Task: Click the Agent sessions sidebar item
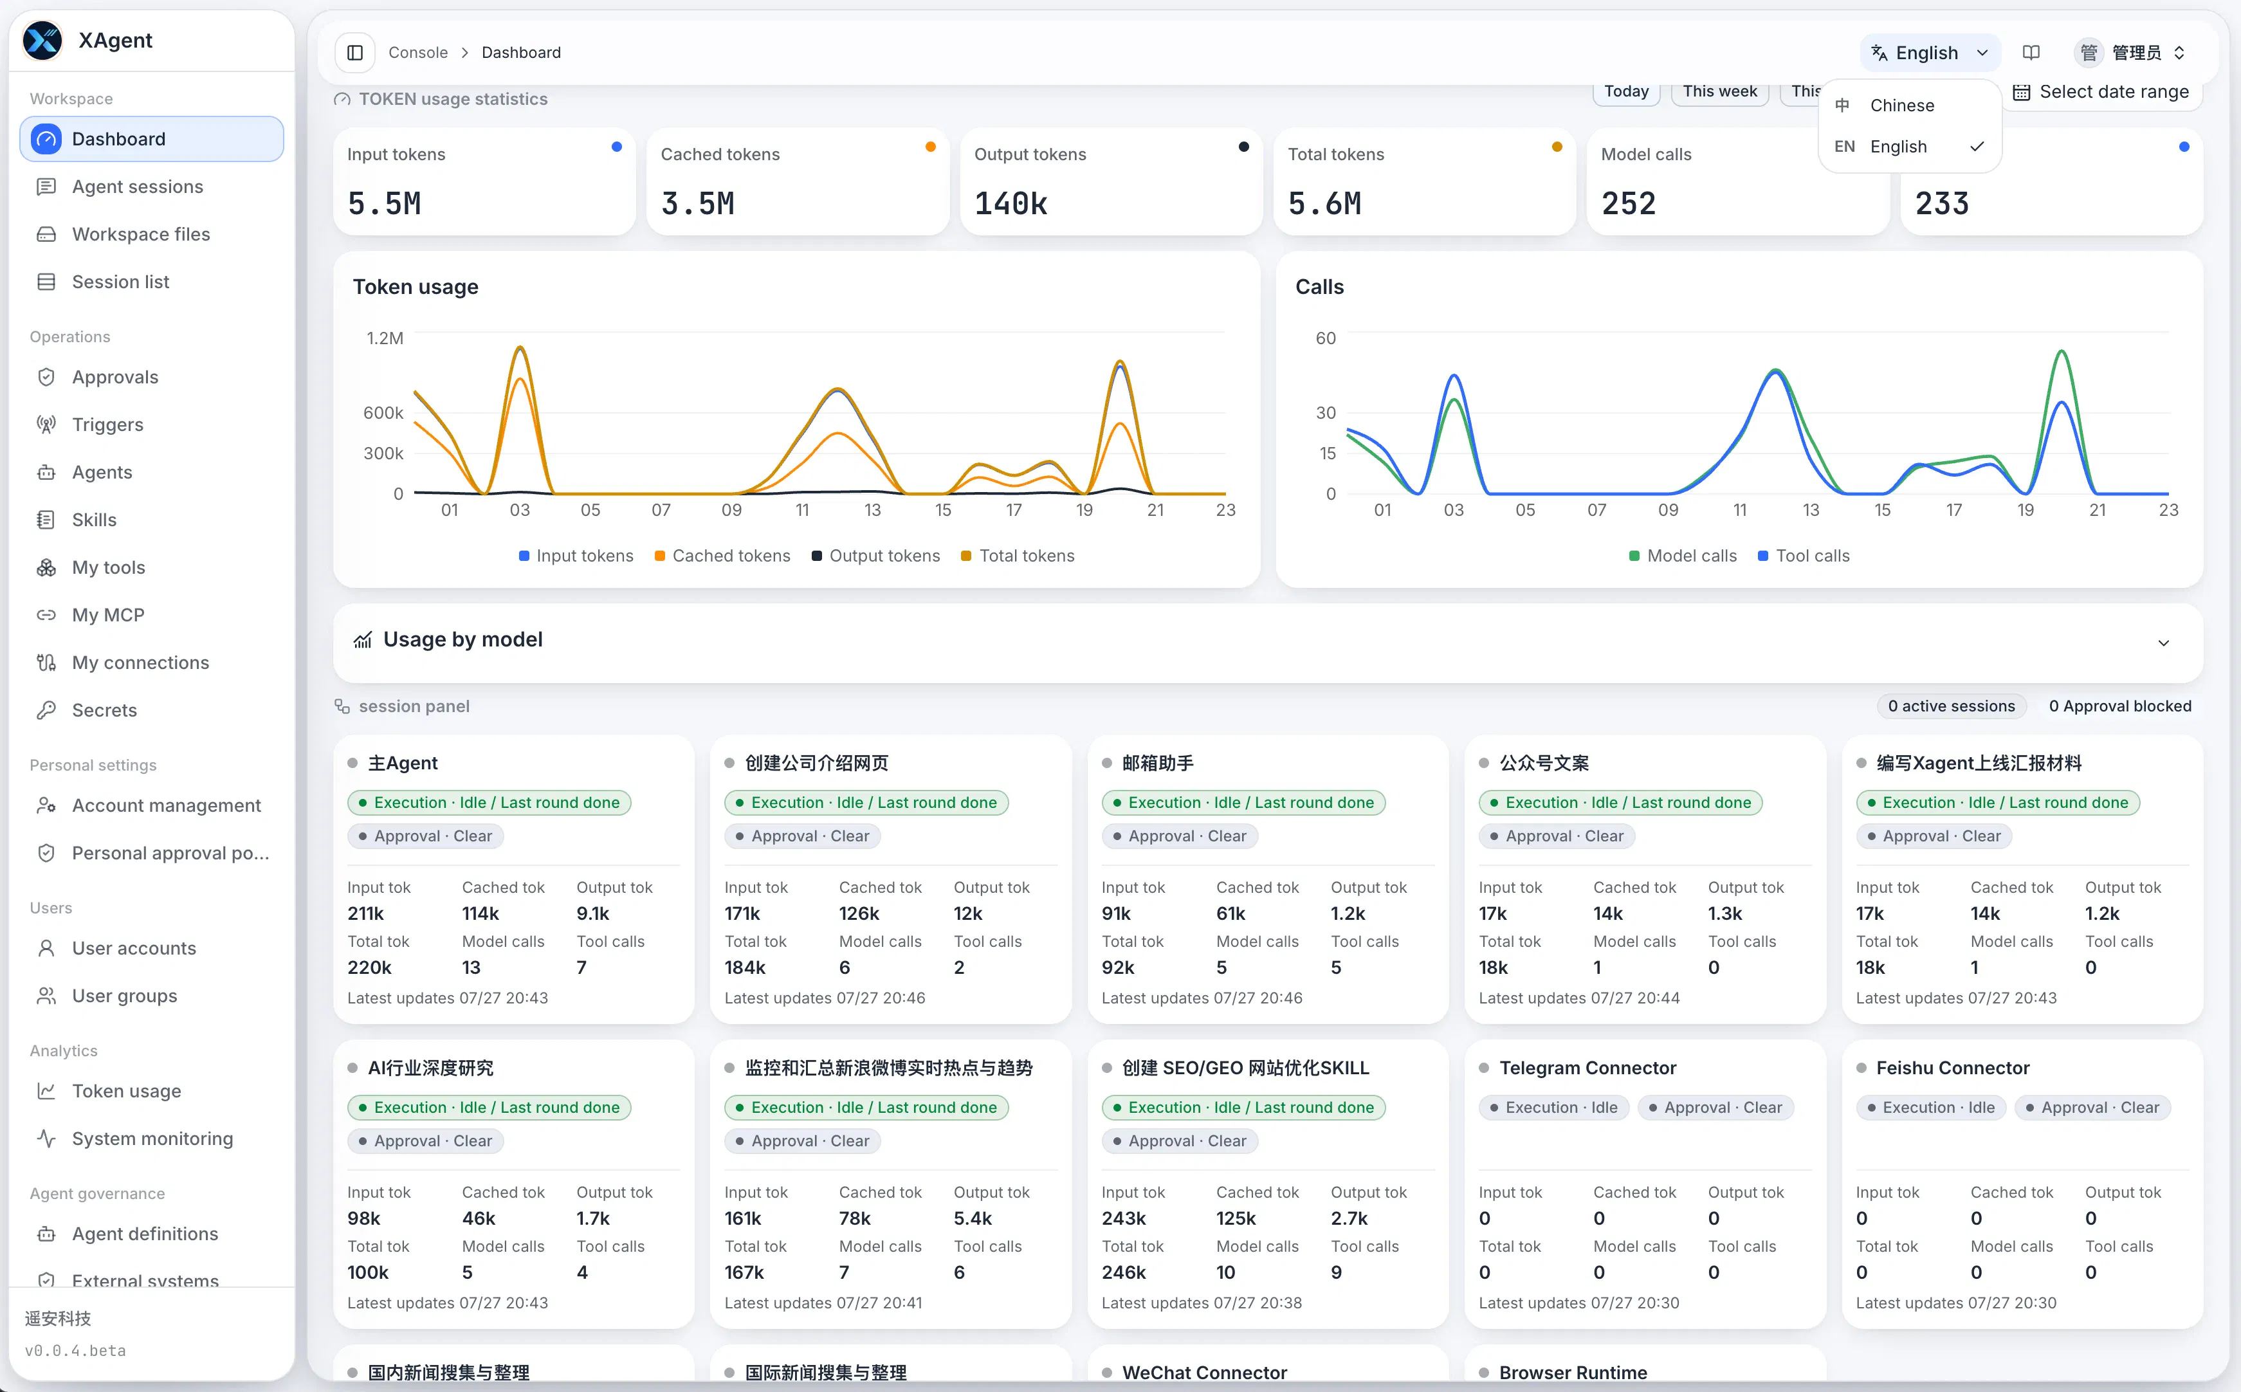(137, 187)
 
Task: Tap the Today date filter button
(1626, 91)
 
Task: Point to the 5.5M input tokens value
(385, 203)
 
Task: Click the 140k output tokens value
(1011, 203)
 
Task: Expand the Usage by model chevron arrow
(2164, 643)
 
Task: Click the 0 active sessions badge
(1951, 706)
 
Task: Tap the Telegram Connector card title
(1587, 1068)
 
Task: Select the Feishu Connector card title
(1952, 1068)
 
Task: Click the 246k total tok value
(1124, 1272)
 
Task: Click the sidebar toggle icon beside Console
(355, 53)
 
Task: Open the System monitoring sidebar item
(152, 1139)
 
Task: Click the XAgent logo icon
(42, 41)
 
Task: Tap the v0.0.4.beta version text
(75, 1351)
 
